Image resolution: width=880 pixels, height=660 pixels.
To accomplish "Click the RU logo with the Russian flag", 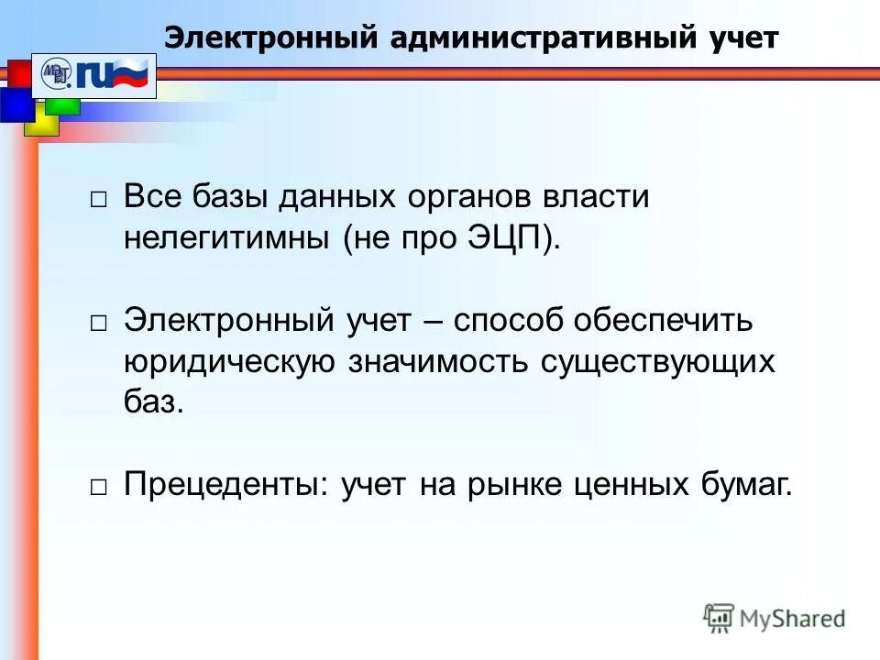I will click(96, 75).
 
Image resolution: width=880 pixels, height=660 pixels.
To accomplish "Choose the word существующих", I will click(657, 362).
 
